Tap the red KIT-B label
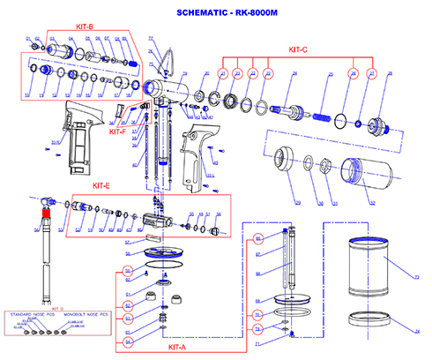coord(85,27)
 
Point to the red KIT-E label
coord(101,186)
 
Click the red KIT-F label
coord(116,131)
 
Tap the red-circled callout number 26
coord(352,75)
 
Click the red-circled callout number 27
coord(371,75)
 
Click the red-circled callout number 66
coord(257,239)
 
